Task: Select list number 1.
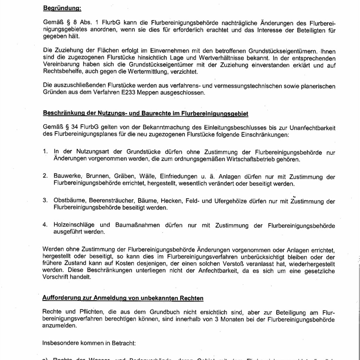(x=45, y=152)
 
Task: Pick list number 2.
(x=45, y=176)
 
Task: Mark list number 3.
(x=45, y=201)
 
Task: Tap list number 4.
(x=45, y=225)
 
